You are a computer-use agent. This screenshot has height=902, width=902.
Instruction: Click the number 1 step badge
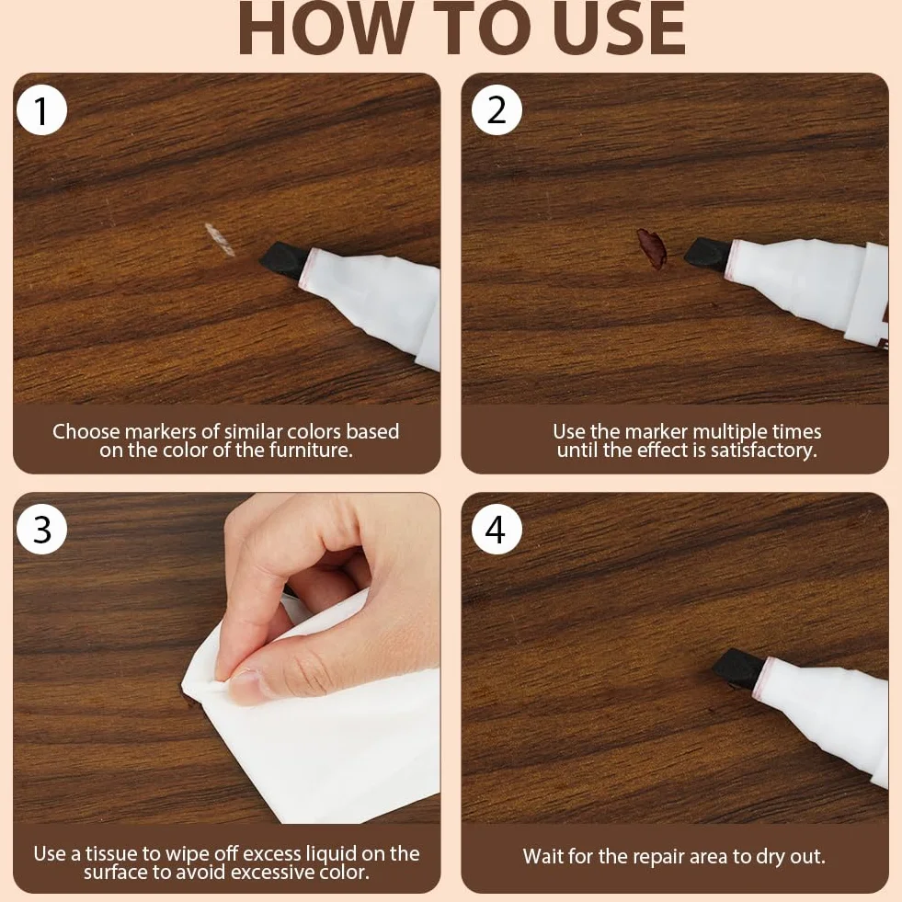42,109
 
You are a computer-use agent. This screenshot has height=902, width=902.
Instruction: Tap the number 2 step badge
497,109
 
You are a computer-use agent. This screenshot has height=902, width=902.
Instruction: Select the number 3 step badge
42,530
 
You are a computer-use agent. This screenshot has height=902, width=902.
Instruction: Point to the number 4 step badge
497,530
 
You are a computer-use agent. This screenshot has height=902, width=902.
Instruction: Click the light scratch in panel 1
220,239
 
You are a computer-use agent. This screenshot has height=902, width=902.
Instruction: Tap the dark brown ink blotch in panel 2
652,248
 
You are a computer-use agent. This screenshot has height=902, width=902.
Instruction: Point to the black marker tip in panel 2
709,252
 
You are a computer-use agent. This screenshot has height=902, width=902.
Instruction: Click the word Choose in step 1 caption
86,431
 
